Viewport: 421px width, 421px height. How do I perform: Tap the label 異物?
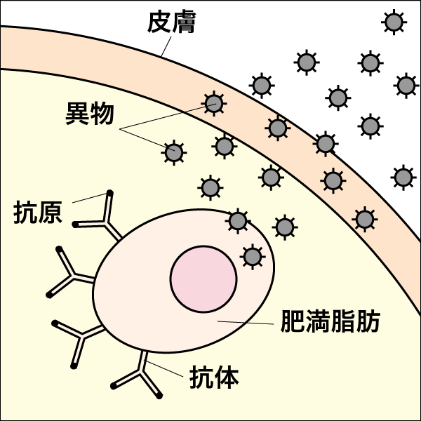pyautogui.click(x=89, y=114)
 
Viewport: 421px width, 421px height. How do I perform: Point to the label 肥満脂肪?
pyautogui.click(x=330, y=322)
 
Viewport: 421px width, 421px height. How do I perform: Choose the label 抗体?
pyautogui.click(x=215, y=378)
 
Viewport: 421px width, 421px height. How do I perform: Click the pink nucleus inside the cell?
pyautogui.click(x=203, y=279)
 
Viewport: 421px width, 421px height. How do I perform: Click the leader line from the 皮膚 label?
pyautogui.click(x=164, y=46)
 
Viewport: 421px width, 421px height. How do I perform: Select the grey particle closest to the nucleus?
pyautogui.click(x=252, y=257)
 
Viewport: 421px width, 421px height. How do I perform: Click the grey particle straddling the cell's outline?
pyautogui.click(x=238, y=222)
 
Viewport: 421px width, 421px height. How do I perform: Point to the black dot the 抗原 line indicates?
pyautogui.click(x=109, y=192)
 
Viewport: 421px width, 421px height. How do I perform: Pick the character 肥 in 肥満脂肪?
pyautogui.click(x=293, y=322)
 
